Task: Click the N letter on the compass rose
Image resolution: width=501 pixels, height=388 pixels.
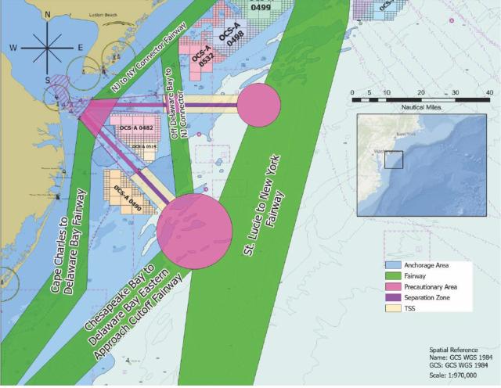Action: point(48,15)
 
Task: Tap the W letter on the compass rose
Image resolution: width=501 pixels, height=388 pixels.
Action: point(13,48)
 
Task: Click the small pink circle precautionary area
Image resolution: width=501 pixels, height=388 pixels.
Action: point(258,105)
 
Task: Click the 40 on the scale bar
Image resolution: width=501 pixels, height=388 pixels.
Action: point(488,92)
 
